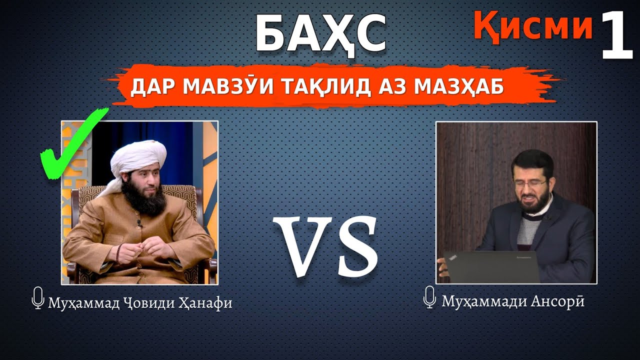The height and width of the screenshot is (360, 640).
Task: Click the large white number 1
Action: click(x=617, y=36)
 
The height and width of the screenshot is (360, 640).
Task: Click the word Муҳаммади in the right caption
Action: click(x=479, y=301)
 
